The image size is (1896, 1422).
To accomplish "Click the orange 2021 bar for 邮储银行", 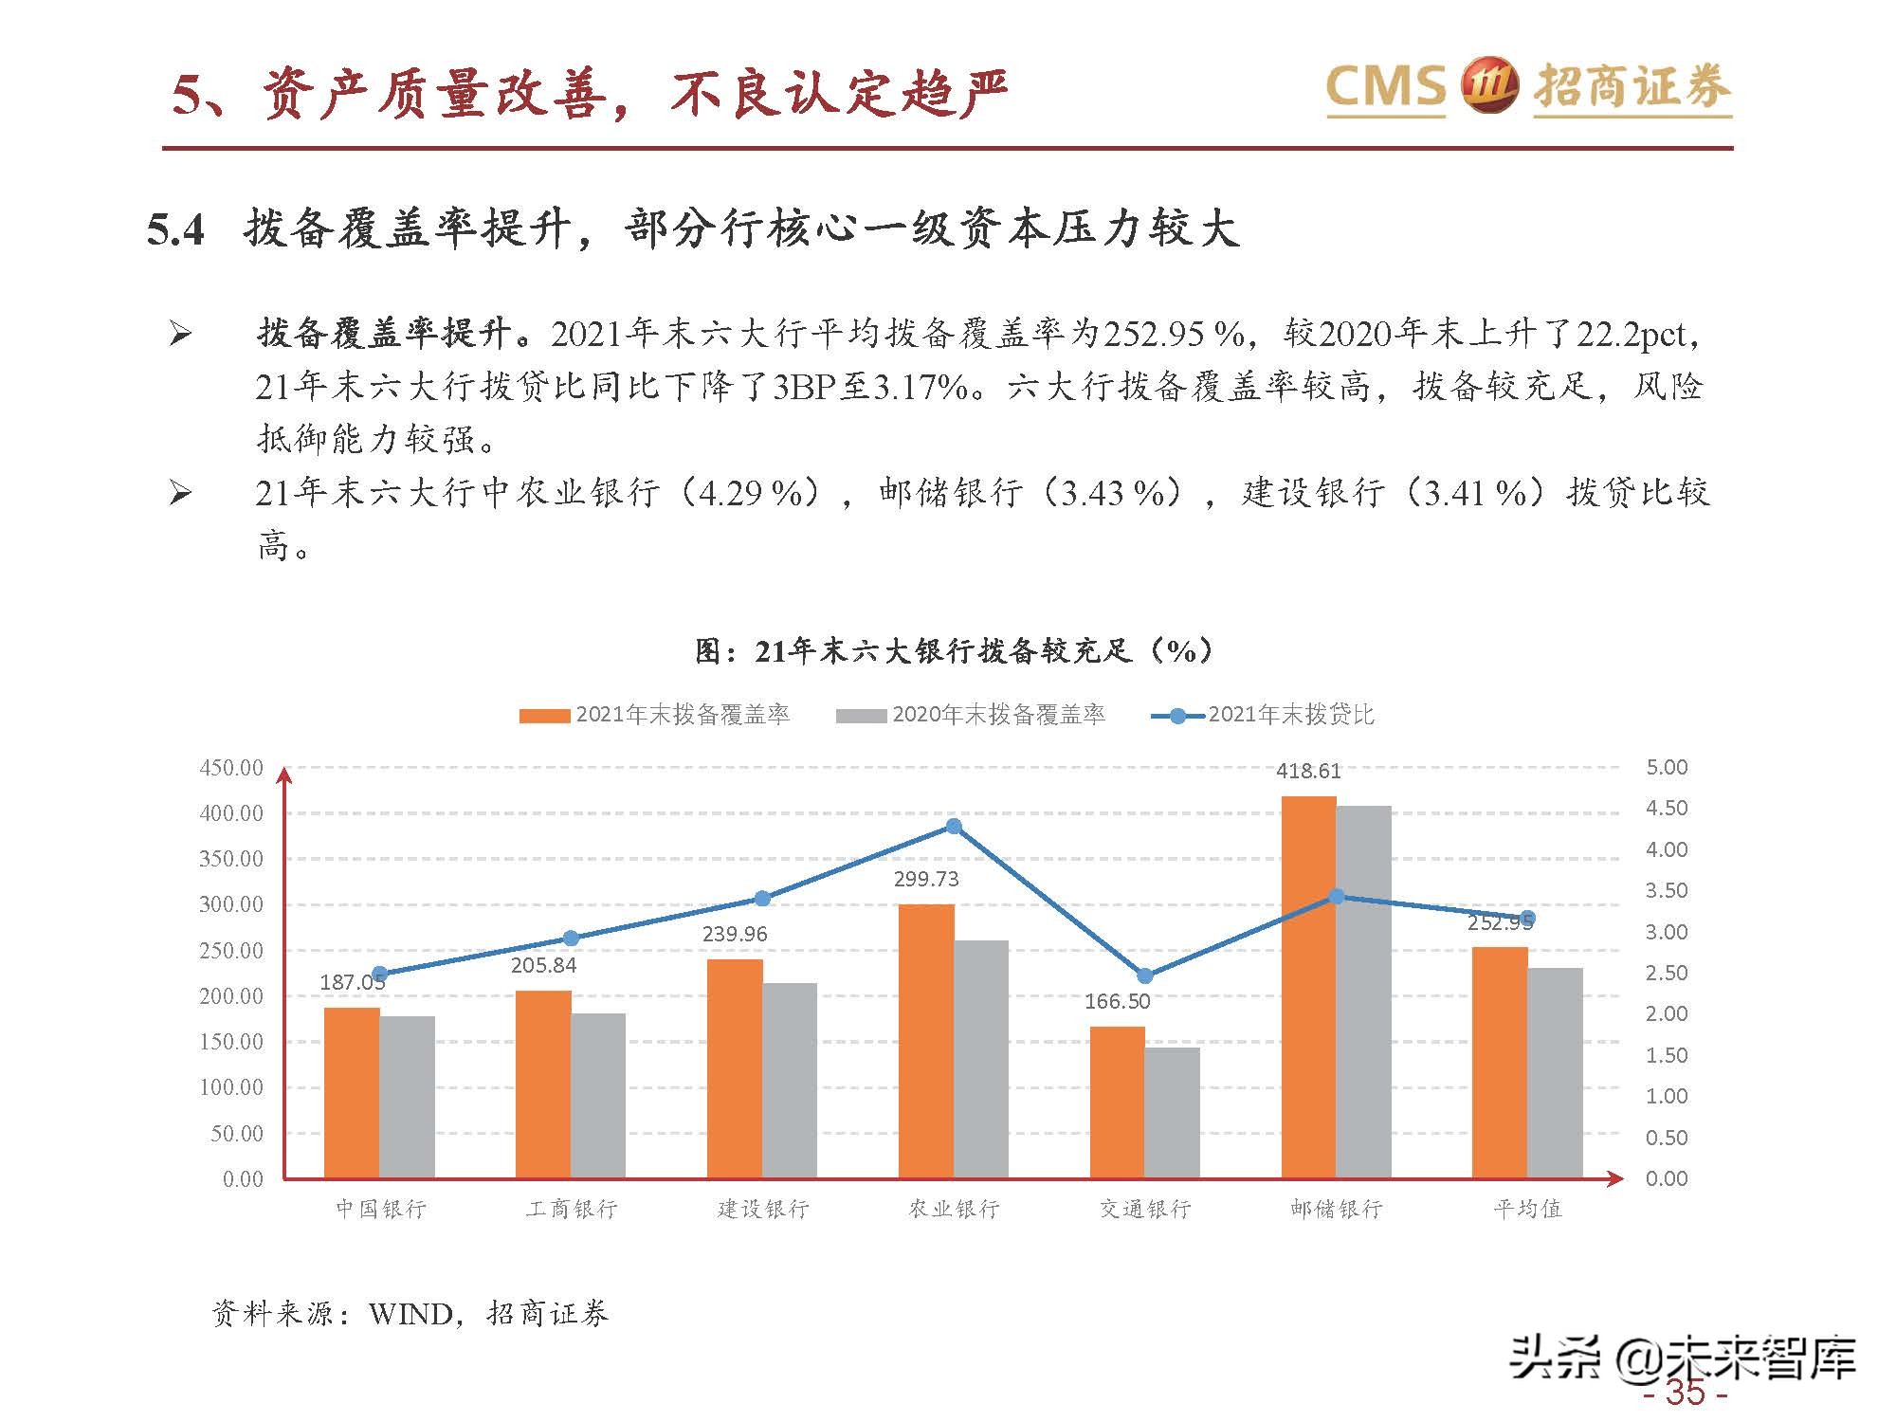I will click(x=1308, y=986).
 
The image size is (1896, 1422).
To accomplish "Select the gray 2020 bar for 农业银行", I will click(x=981, y=1059).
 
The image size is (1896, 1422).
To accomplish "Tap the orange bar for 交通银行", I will click(x=1117, y=1102).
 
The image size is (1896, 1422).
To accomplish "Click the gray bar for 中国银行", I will click(x=408, y=1097).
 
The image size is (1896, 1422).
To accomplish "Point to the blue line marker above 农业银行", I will click(x=954, y=827).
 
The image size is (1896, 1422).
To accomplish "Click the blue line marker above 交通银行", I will click(x=1144, y=975).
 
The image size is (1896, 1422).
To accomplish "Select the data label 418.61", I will click(x=1308, y=771).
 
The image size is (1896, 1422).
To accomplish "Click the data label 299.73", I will click(x=925, y=879).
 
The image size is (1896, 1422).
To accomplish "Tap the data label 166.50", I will click(x=1117, y=1001).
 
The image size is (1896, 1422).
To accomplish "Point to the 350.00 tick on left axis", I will click(x=230, y=859).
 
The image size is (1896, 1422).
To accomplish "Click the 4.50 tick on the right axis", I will click(x=1666, y=808).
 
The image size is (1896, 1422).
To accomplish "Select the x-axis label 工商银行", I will click(x=572, y=1209).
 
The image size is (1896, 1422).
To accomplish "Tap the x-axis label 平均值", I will click(x=1526, y=1209).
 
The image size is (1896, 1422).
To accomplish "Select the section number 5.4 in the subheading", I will click(x=176, y=230).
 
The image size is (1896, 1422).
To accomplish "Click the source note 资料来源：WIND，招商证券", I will click(x=410, y=1313).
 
